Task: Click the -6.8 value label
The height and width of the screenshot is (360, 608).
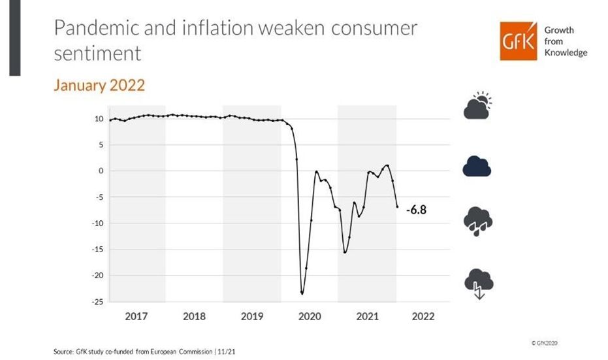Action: pyautogui.click(x=415, y=210)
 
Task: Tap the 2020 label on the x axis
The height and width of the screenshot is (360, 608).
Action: pyautogui.click(x=310, y=316)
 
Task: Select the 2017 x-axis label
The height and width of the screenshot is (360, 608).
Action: pyautogui.click(x=136, y=316)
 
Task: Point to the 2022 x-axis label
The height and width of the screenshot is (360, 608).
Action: pyautogui.click(x=423, y=316)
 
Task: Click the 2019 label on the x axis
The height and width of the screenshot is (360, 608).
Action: pyautogui.click(x=252, y=316)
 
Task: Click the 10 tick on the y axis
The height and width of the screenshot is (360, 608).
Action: pyautogui.click(x=99, y=119)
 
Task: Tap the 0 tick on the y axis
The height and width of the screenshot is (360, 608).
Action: pyautogui.click(x=101, y=171)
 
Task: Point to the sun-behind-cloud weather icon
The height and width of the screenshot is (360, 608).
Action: pyautogui.click(x=477, y=106)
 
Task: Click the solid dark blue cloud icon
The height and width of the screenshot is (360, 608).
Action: pyautogui.click(x=477, y=166)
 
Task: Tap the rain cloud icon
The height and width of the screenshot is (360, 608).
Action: pyautogui.click(x=477, y=221)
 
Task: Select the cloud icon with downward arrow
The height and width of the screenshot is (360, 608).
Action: pyautogui.click(x=478, y=283)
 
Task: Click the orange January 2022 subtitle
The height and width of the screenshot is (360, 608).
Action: pyautogui.click(x=99, y=86)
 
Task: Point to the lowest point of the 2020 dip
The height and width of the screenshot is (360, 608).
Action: pyautogui.click(x=302, y=293)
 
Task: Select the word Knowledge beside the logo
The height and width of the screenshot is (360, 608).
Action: pyautogui.click(x=566, y=52)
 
